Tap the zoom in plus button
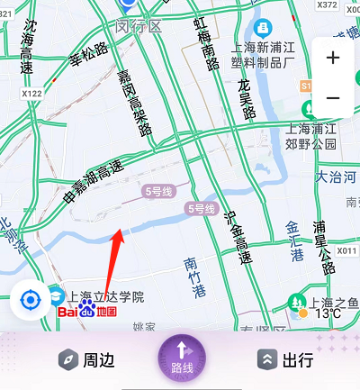pyautogui.click(x=333, y=59)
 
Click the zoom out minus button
pyautogui.click(x=333, y=97)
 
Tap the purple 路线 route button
pyautogui.click(x=181, y=358)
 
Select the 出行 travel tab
pyautogui.click(x=285, y=360)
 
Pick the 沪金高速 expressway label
pyautogui.click(x=237, y=237)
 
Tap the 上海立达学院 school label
pyautogui.click(x=106, y=296)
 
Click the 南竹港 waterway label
pyautogui.click(x=195, y=277)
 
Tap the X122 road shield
pyautogui.click(x=31, y=93)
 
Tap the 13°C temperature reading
pyautogui.click(x=328, y=313)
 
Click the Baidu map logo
pyautogui.click(x=87, y=312)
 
